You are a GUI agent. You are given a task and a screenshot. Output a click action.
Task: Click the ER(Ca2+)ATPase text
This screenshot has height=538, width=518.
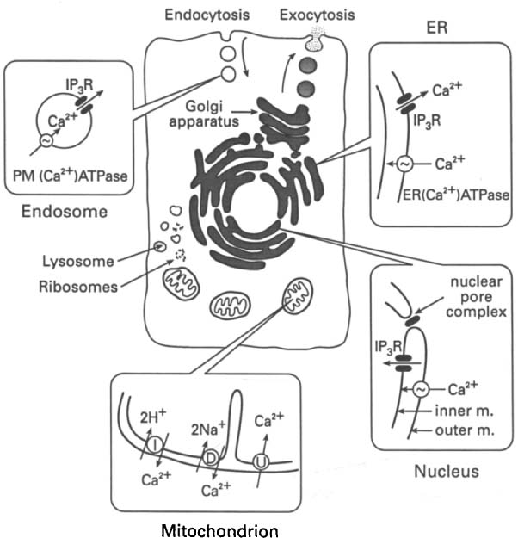pyautogui.click(x=443, y=195)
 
